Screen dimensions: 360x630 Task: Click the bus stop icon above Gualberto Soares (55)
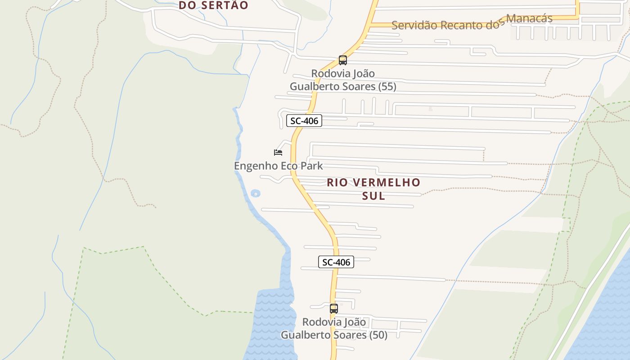tap(343, 60)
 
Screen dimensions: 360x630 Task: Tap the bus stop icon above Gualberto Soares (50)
tap(333, 309)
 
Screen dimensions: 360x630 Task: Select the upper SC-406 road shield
tap(304, 121)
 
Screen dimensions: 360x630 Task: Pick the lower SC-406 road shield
tap(336, 262)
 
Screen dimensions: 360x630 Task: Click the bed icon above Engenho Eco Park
tap(278, 152)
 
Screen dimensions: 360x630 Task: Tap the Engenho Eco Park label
tap(278, 166)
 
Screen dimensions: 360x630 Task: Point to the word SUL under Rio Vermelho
tap(373, 196)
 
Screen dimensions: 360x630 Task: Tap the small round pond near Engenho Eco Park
tap(255, 193)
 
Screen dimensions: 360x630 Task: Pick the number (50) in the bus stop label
tap(378, 335)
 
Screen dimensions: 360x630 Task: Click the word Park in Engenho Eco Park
tap(312, 166)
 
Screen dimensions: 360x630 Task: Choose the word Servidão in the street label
tap(414, 25)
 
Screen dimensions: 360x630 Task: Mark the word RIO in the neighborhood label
tap(337, 182)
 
